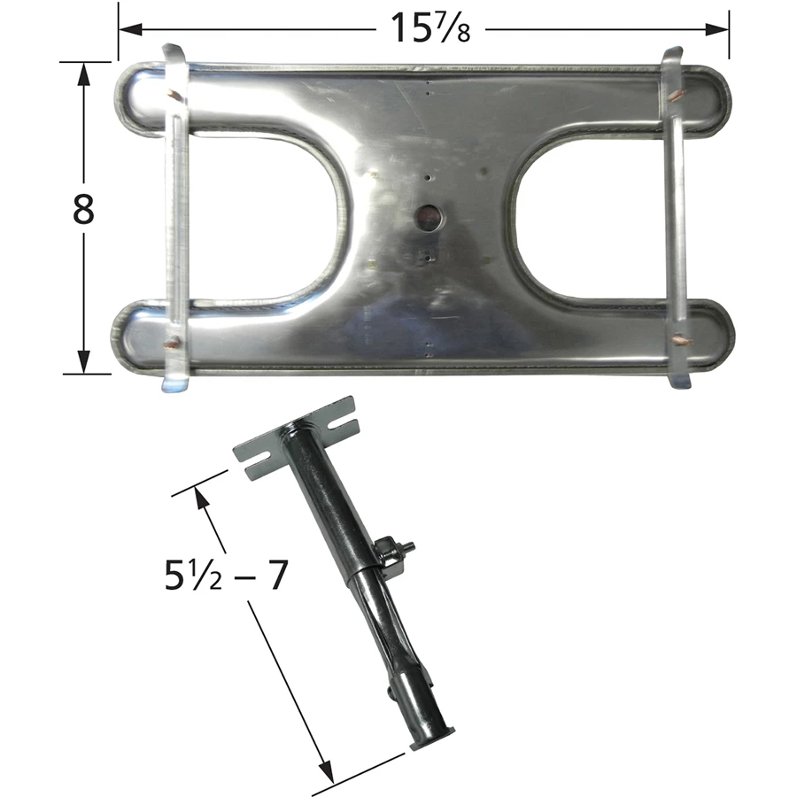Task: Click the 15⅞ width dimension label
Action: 430,27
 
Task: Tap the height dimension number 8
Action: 83,209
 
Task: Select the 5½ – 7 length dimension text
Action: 226,575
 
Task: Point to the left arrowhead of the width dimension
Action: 130,29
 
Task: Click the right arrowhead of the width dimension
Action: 717,29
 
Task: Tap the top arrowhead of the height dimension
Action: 83,74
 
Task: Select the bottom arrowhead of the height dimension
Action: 83,362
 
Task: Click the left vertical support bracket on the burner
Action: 175,219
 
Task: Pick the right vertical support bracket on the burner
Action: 677,219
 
